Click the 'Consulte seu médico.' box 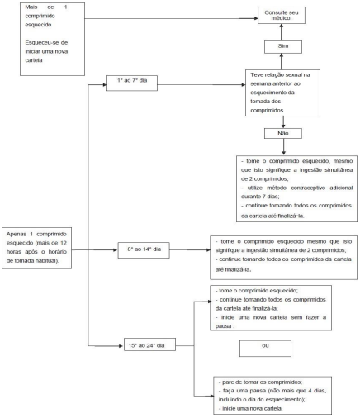[x=282, y=16]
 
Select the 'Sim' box [x=283, y=47]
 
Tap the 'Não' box [x=283, y=134]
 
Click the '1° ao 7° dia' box [x=131, y=83]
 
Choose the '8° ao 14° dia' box [x=144, y=250]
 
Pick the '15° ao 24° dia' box [x=149, y=344]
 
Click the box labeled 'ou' [x=265, y=349]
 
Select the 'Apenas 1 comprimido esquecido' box [x=36, y=248]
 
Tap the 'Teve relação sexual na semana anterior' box [x=282, y=93]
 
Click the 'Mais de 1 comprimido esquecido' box [x=52, y=39]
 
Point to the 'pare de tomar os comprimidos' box [x=272, y=396]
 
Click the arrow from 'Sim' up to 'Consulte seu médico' [x=282, y=32]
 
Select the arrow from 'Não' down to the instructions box [x=283, y=147]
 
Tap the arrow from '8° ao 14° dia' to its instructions [x=190, y=250]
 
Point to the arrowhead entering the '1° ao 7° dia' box [x=104, y=85]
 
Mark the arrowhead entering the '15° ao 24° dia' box [x=121, y=346]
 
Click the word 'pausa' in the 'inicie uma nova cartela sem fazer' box [x=223, y=326]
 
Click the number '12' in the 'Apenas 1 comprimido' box [x=64, y=243]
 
